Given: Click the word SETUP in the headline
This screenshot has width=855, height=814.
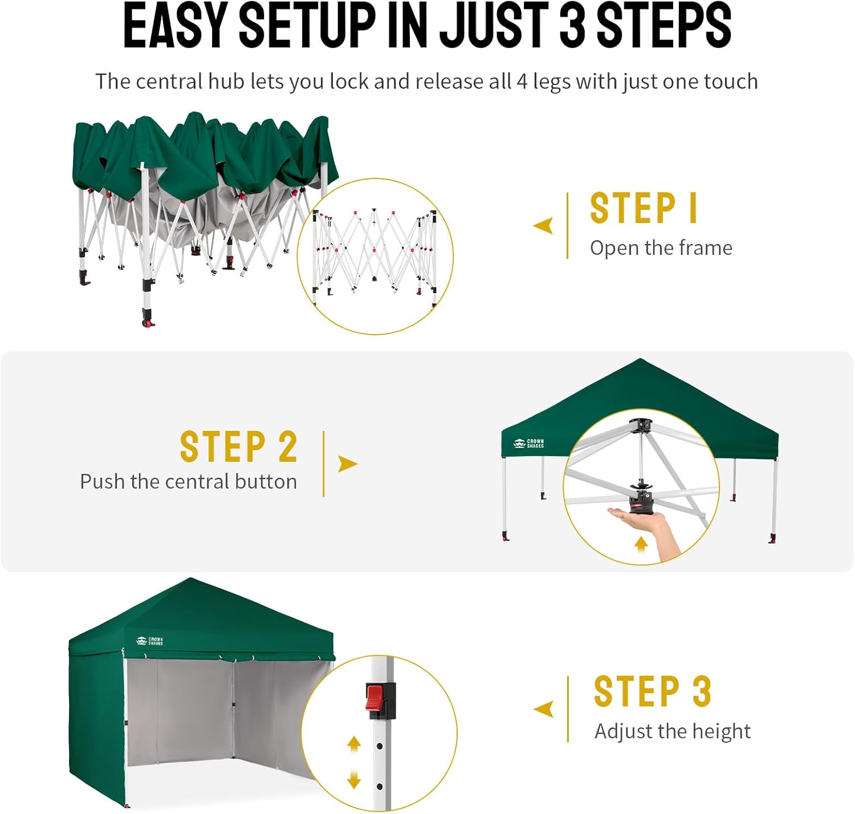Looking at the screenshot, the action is [307, 27].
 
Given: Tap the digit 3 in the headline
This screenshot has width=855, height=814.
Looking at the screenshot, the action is [572, 27].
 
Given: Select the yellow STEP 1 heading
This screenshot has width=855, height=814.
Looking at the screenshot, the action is [644, 208].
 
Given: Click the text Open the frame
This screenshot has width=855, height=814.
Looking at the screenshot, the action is [661, 248].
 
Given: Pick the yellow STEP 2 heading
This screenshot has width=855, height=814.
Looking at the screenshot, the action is [239, 446].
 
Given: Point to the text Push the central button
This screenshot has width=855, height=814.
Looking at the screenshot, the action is [188, 482].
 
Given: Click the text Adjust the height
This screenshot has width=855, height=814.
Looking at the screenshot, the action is [673, 731].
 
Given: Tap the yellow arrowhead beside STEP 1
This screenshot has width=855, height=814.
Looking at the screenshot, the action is [543, 225].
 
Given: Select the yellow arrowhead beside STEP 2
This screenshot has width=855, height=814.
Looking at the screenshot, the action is [348, 464].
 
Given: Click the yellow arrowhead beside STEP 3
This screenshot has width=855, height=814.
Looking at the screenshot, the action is [544, 709].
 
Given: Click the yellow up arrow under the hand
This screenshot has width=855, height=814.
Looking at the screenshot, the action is [641, 544].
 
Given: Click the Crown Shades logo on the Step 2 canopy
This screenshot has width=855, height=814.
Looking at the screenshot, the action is [528, 443].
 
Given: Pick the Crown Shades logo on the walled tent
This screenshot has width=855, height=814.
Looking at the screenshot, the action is [149, 641].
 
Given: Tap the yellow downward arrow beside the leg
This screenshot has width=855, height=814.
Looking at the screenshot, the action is [354, 778].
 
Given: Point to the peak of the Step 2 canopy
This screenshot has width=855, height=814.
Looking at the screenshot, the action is [640, 359].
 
